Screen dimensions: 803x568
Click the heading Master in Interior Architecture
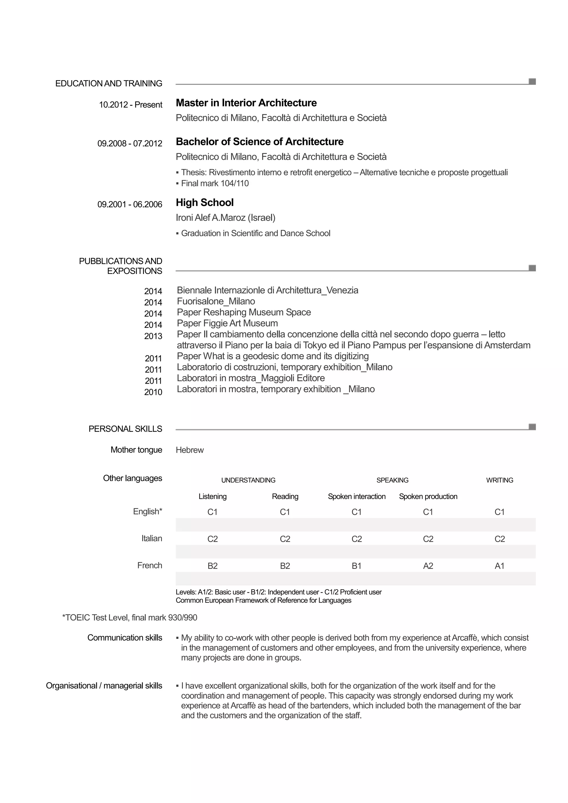click(246, 103)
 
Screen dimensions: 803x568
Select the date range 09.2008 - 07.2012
click(130, 143)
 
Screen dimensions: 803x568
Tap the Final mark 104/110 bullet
click(215, 183)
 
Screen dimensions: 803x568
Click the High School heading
click(205, 202)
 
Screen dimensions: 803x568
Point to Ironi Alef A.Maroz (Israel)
click(225, 218)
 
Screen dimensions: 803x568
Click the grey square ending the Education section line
click(532, 82)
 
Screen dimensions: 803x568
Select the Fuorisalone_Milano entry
click(216, 301)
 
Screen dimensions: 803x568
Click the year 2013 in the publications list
click(153, 336)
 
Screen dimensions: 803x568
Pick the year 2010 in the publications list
click(153, 392)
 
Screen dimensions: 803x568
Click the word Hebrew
click(190, 450)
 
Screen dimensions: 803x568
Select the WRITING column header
click(499, 480)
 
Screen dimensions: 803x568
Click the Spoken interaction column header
click(356, 496)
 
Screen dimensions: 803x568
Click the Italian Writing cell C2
click(499, 539)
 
